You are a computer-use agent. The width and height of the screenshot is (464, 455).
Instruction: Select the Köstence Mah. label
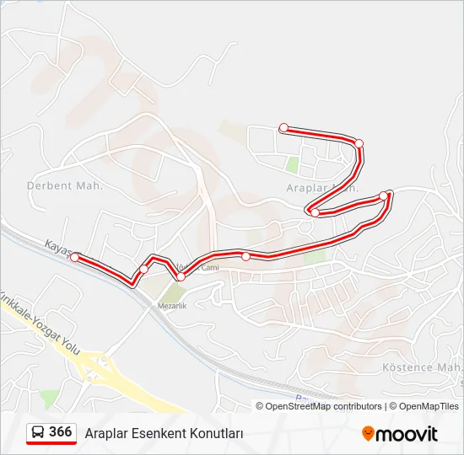coord(419,367)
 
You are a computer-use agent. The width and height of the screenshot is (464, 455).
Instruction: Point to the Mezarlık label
coord(171,306)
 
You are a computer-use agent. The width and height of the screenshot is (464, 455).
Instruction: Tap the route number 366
coord(61,432)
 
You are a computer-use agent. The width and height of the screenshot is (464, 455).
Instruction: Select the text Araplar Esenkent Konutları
coord(164,433)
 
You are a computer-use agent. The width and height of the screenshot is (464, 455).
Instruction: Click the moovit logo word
coord(407,434)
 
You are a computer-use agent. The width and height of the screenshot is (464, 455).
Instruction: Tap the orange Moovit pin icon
coord(369,434)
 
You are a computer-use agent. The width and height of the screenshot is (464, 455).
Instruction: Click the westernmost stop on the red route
coord(75,257)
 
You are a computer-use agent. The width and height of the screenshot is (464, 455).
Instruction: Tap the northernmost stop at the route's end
coord(284,128)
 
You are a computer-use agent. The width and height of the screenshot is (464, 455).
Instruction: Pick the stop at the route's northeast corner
coord(359,143)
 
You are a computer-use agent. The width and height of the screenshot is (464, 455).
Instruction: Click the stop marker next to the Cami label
coord(181,276)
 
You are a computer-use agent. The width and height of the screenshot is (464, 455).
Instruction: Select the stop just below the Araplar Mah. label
coord(315,212)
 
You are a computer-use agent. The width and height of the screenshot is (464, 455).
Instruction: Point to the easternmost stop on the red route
coord(384,196)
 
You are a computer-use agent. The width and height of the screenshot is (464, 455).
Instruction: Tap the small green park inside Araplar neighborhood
coord(293,163)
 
